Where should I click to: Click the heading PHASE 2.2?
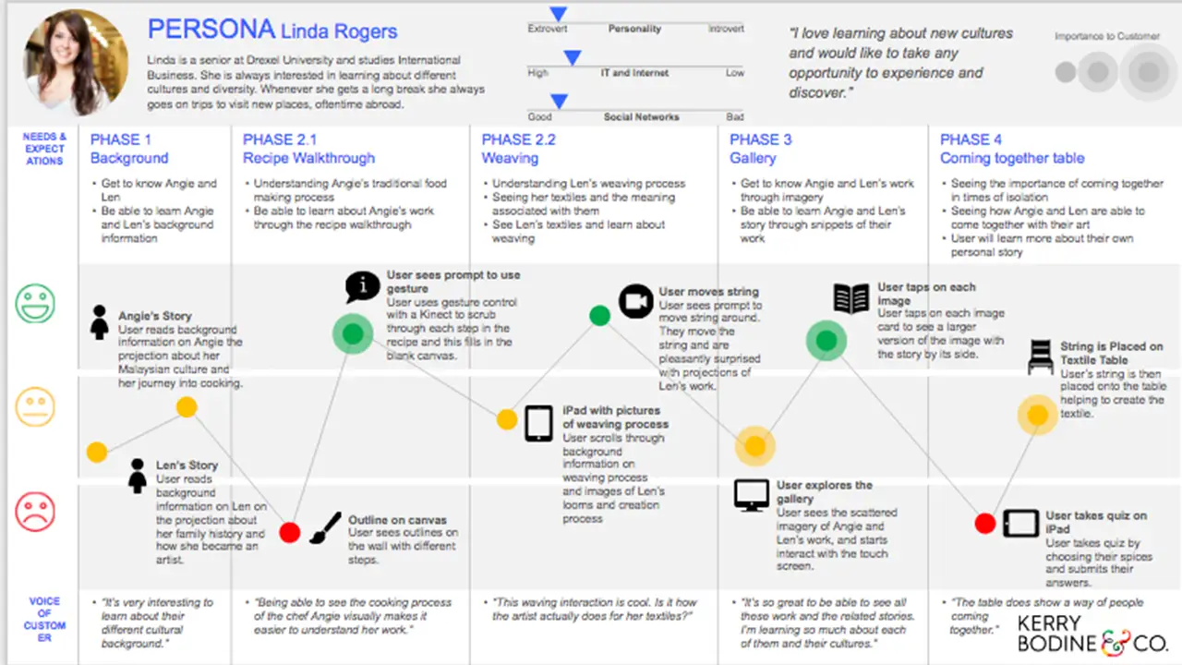519,139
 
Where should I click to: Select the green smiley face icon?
35,303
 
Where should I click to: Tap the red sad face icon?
35,512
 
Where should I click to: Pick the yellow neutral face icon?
35,407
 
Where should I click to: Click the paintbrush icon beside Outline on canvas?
324,529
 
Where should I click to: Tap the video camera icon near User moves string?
635,301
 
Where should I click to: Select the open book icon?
851,298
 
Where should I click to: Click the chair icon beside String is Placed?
1040,357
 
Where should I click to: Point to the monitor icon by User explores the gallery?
752,495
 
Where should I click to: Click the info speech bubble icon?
362,287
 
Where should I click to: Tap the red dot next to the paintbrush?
290,532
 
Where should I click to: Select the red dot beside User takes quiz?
985,524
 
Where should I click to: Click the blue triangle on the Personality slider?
557,14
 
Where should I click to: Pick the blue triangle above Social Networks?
559,101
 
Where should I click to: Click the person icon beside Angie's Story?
100,323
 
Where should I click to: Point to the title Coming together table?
1012,158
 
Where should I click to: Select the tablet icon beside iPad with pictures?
538,423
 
